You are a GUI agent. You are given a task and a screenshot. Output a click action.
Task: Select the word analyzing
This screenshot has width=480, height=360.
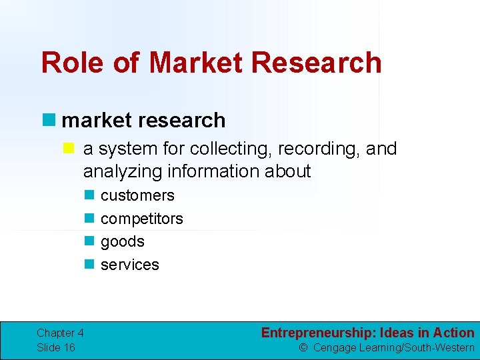[123, 171]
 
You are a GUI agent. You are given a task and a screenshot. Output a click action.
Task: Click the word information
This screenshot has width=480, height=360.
[214, 171]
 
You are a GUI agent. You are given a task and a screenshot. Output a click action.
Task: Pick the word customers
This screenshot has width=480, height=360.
[137, 195]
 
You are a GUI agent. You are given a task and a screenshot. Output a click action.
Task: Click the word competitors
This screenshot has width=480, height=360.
[141, 219]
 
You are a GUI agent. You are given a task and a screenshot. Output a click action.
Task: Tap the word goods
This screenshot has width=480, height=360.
[122, 241]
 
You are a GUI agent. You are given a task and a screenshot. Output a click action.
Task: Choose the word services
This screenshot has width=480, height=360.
[129, 265]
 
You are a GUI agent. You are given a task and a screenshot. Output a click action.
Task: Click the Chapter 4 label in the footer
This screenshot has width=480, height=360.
[60, 333]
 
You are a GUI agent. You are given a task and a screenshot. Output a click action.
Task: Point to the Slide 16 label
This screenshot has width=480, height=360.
[56, 347]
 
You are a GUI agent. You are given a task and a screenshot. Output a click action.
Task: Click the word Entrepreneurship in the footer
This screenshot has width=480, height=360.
[318, 333]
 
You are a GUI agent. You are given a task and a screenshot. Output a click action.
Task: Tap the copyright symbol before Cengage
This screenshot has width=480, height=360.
[303, 347]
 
